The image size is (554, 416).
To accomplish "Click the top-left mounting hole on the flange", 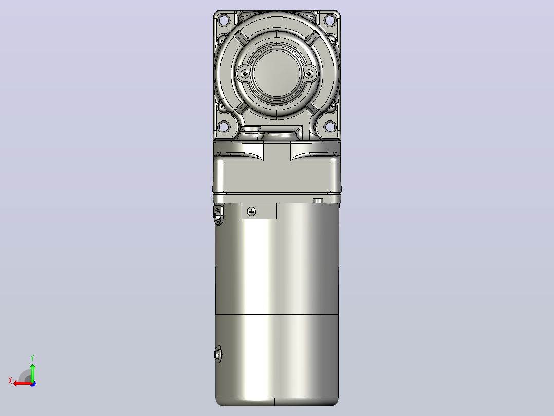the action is coord(224,20).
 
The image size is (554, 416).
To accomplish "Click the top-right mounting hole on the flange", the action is coord(329,20).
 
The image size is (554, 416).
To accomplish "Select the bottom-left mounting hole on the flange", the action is coord(224,126).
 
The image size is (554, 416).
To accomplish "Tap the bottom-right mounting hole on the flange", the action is coord(329,126).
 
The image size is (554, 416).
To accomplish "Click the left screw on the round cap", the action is coord(245,74).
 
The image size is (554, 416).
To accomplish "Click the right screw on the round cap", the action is coord(309,74).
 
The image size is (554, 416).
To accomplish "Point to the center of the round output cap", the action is coord(277,73).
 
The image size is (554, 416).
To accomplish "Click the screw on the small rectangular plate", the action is coord(251,212).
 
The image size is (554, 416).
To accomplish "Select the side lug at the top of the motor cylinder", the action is coord(219,214).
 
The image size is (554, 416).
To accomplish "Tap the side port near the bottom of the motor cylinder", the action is coord(218,354).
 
